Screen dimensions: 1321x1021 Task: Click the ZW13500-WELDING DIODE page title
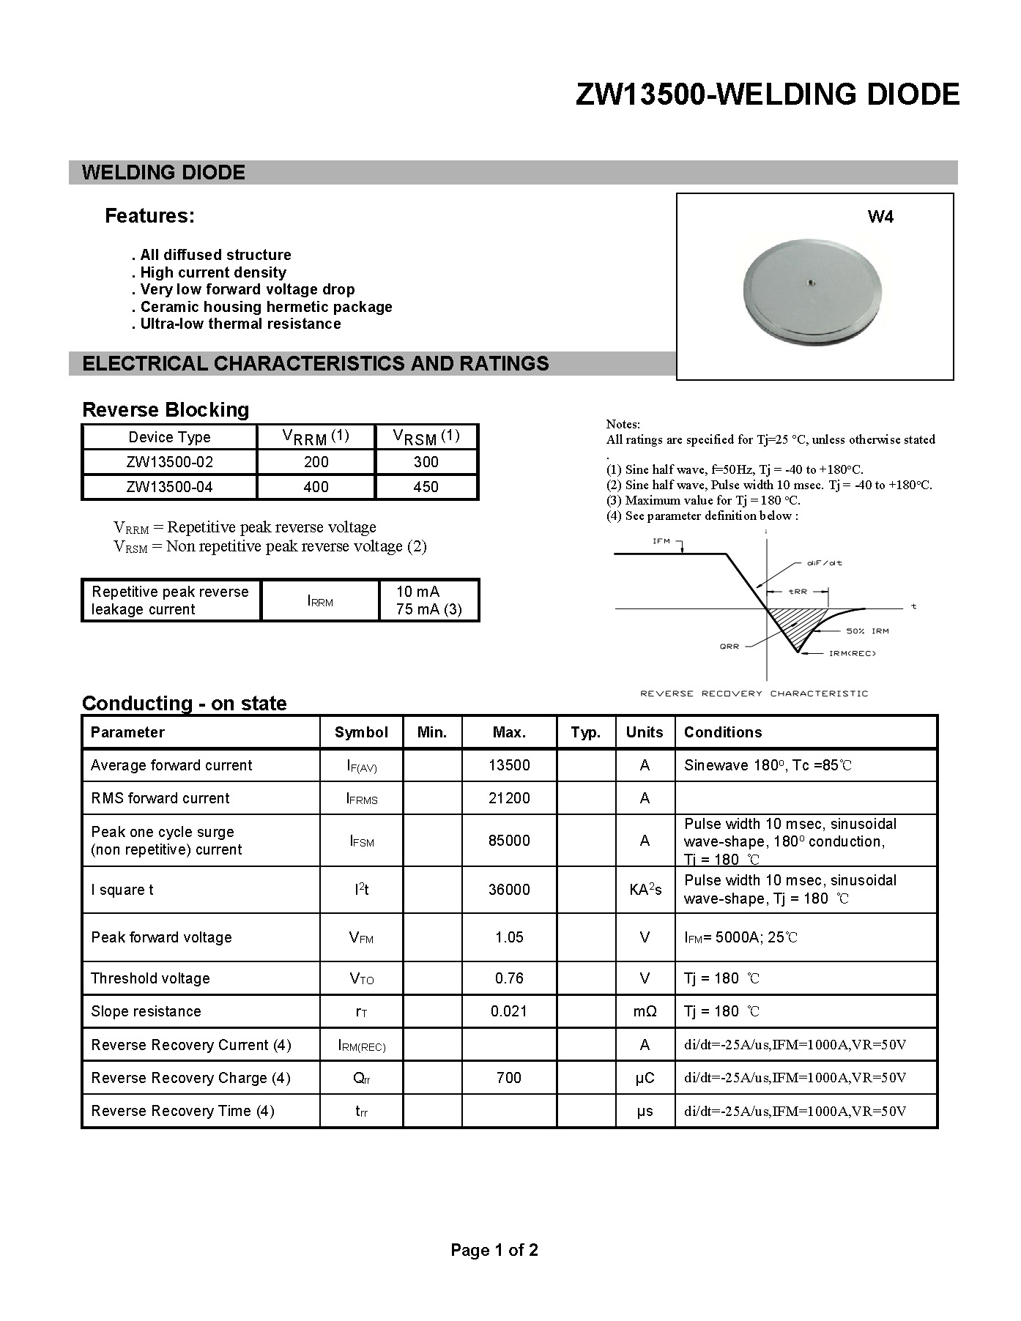point(767,95)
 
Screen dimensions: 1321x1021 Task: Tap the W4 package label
point(880,217)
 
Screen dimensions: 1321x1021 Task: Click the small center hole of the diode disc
point(811,282)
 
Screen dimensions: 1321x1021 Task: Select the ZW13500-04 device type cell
point(169,487)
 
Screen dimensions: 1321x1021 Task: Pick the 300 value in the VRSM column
point(426,462)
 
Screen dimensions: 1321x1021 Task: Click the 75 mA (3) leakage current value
point(428,610)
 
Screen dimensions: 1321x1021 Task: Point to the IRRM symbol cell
point(320,601)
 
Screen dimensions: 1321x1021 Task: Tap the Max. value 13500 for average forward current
point(509,765)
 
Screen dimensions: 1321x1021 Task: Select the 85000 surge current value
point(509,841)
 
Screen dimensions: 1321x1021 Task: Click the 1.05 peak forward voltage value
point(509,937)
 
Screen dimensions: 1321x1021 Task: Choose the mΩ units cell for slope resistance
point(645,1011)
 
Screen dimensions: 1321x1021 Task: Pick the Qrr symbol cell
point(361,1078)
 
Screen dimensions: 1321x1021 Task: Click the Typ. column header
point(585,732)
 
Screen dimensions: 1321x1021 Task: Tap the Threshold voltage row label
point(150,978)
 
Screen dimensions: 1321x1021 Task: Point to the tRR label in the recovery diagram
point(798,591)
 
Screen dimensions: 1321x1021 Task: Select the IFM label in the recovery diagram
point(661,541)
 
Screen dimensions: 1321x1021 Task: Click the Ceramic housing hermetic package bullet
point(266,307)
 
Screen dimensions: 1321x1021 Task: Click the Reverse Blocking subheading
point(166,410)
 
